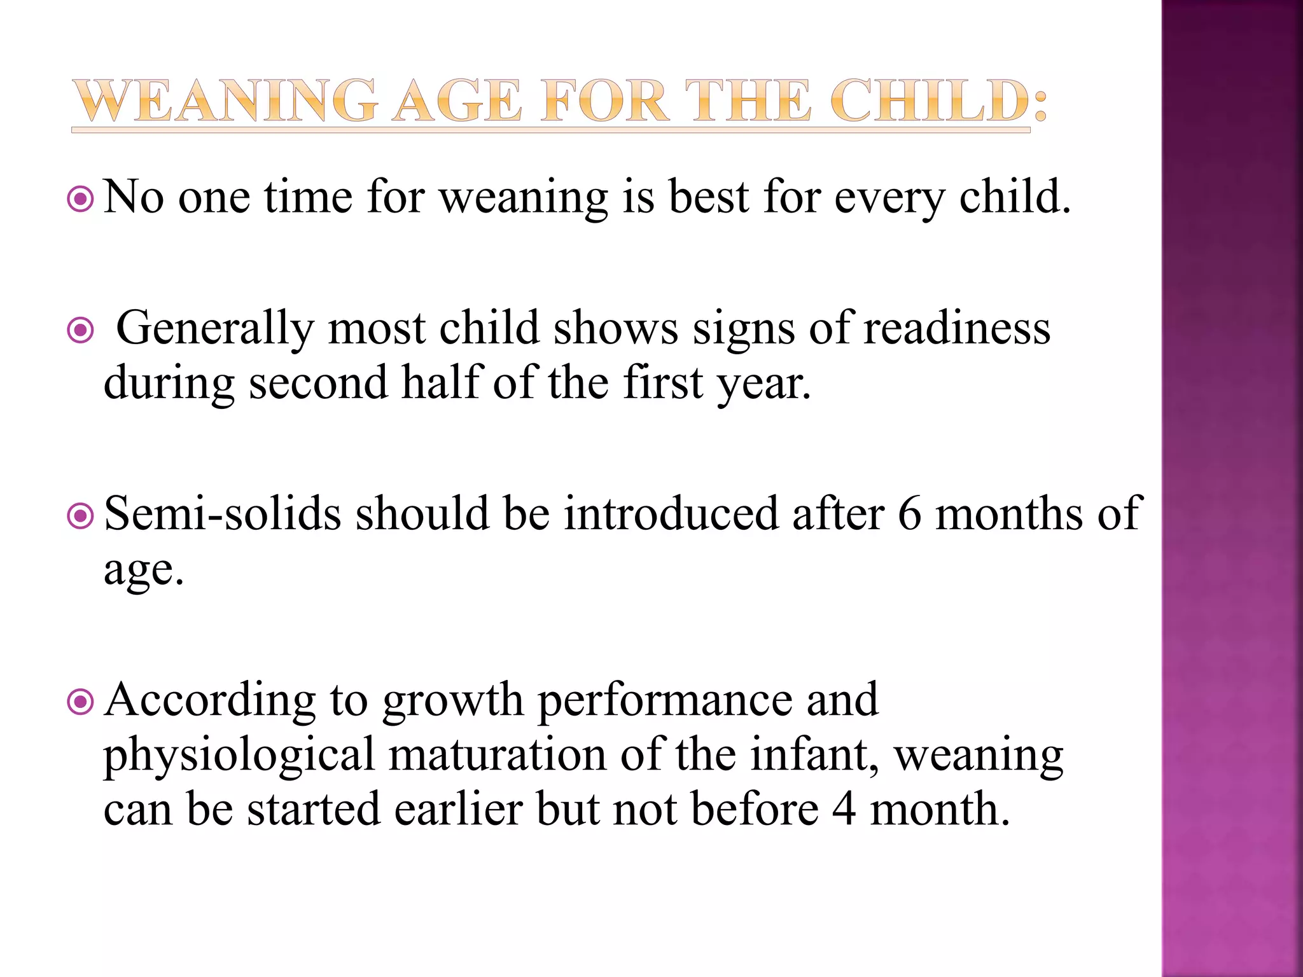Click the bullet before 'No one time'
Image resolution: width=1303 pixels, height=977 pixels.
pos(81,200)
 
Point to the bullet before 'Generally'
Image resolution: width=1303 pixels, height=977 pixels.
pos(81,331)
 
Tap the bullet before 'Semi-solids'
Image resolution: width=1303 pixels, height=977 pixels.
pos(81,516)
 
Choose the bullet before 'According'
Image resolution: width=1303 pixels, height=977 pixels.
pos(81,703)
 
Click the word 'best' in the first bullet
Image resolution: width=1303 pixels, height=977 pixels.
pos(708,197)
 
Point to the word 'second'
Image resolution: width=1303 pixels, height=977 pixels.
pos(318,383)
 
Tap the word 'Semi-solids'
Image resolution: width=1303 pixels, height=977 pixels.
pos(223,514)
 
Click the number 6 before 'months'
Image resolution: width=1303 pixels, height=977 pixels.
pos(909,514)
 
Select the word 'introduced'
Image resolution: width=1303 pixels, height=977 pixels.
pos(671,514)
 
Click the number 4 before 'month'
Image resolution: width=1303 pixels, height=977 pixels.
pos(844,810)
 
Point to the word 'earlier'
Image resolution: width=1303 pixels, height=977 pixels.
pos(458,810)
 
